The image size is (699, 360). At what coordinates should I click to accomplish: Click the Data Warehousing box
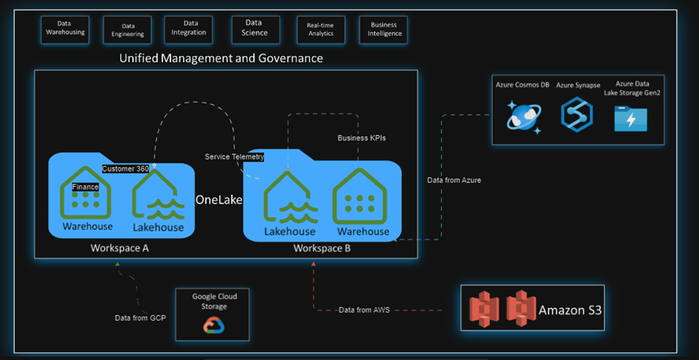pos(65,28)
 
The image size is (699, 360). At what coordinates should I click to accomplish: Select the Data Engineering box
pos(123,29)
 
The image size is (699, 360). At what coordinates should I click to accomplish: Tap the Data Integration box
pos(185,28)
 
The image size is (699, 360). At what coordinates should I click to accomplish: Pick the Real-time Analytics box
pos(320,29)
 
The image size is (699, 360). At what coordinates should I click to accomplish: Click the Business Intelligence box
pos(384,29)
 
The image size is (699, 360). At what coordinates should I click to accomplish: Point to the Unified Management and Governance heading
pos(222,57)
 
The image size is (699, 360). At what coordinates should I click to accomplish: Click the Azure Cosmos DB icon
pos(524,115)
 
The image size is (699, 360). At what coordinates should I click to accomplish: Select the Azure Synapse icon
pos(576,115)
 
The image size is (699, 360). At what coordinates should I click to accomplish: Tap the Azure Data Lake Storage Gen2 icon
pos(631,118)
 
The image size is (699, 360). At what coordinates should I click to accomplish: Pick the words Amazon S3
pos(570,309)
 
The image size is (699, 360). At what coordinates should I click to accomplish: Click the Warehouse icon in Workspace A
pos(87,196)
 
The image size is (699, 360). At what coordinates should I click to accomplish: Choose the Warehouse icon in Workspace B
pos(361,197)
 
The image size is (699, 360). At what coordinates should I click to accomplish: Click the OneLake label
pos(219,200)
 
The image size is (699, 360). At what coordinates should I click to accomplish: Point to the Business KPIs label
pos(362,138)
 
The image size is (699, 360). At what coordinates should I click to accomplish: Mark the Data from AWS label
pos(364,309)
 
